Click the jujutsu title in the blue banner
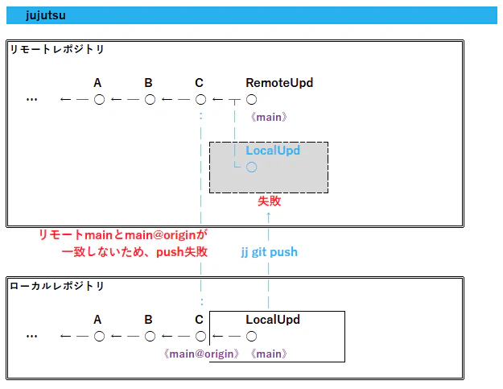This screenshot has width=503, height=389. pos(46,15)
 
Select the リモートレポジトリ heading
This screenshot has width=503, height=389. pos(57,49)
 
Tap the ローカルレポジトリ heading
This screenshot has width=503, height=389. pos(57,286)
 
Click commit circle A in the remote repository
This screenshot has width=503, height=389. pos(100,100)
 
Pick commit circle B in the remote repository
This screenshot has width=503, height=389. pos(150,100)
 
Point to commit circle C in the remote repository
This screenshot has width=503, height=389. pos(201,100)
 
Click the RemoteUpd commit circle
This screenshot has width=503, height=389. pos(251,100)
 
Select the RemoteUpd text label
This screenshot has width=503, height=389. pos(279,83)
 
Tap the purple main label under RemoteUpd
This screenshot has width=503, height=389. pos(269,117)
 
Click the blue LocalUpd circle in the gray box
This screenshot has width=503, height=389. pos(251,168)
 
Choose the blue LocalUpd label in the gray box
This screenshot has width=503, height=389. pos(273,151)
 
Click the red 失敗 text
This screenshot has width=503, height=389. pos(269,201)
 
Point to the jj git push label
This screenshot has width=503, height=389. pos(270,252)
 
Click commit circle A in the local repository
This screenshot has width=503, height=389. pos(100,337)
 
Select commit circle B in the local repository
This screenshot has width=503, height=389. pos(150,337)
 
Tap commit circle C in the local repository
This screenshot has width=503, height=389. pos(201,337)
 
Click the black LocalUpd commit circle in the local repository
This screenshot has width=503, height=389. pos(251,337)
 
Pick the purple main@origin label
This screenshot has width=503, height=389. pos(201,354)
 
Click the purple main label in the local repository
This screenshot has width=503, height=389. pos(269,354)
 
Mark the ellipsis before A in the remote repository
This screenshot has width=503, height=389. pos(31,100)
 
